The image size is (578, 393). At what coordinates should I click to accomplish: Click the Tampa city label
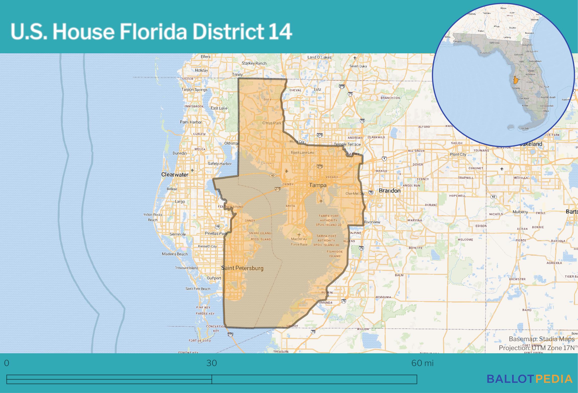318,185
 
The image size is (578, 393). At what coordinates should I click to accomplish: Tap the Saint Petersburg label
242,268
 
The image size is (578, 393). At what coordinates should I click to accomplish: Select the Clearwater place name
175,174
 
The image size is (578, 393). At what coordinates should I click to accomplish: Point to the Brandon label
389,191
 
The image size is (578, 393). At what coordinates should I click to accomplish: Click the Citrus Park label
272,123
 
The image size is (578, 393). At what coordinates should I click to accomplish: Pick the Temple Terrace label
347,144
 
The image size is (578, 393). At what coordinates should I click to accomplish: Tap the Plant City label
458,154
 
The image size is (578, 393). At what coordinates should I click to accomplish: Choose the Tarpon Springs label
194,90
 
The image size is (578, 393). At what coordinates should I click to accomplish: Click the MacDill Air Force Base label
299,241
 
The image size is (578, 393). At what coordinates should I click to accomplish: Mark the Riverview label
372,222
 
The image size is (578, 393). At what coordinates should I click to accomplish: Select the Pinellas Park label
216,233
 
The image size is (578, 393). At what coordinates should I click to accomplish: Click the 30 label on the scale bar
212,363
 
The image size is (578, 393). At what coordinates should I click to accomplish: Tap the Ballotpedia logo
530,379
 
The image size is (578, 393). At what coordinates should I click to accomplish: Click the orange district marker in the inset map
515,80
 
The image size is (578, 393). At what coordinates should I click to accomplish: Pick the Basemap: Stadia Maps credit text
542,339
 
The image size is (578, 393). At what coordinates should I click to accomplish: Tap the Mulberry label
520,212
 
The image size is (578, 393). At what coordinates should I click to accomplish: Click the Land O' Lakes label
319,57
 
